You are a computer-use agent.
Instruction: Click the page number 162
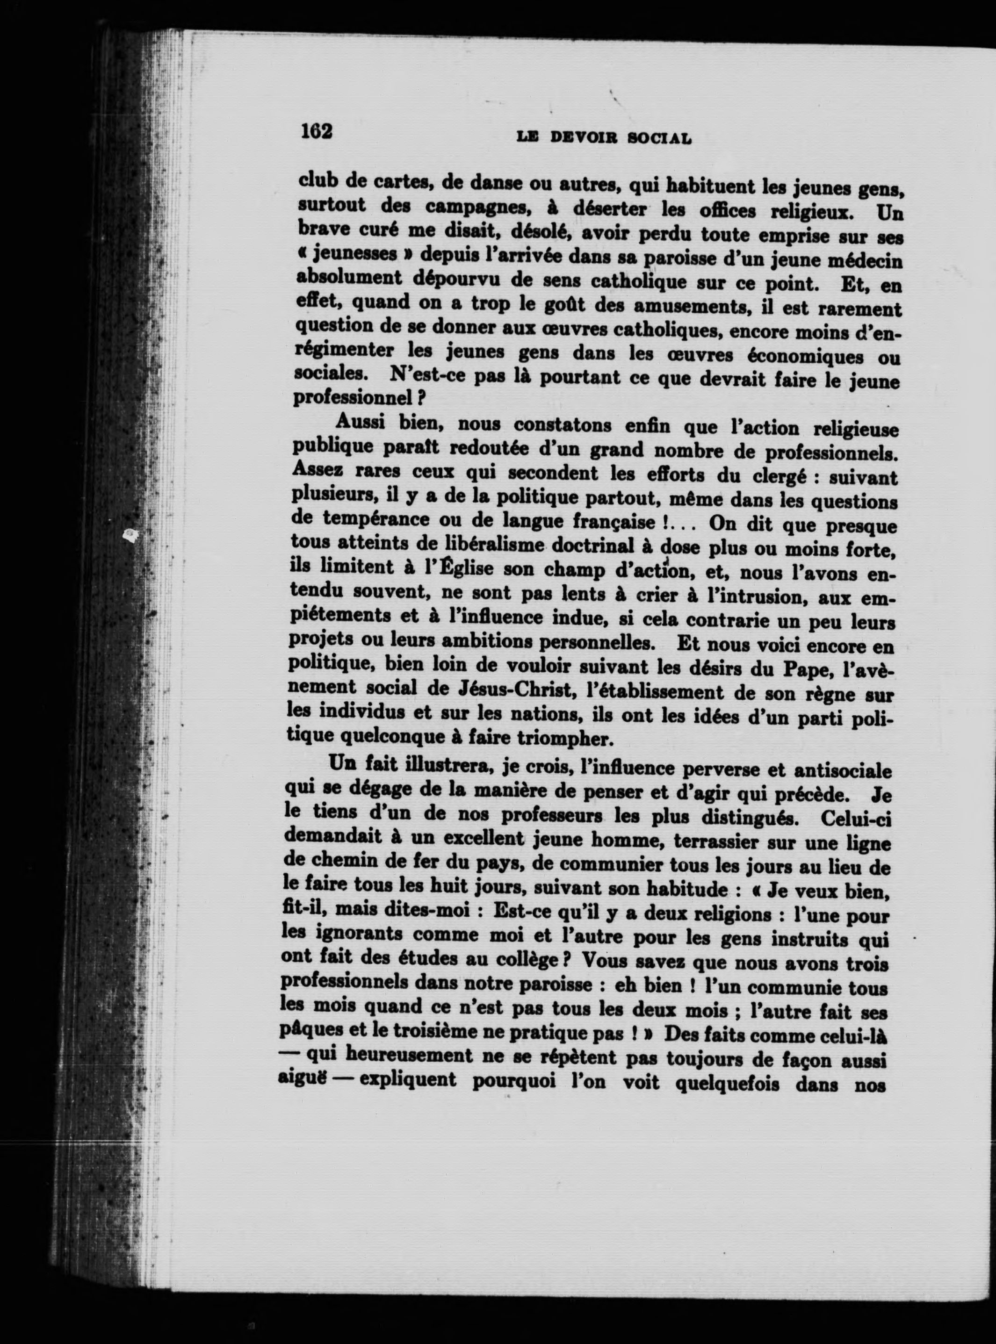coord(317,131)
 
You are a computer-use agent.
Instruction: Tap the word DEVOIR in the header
coord(582,137)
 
